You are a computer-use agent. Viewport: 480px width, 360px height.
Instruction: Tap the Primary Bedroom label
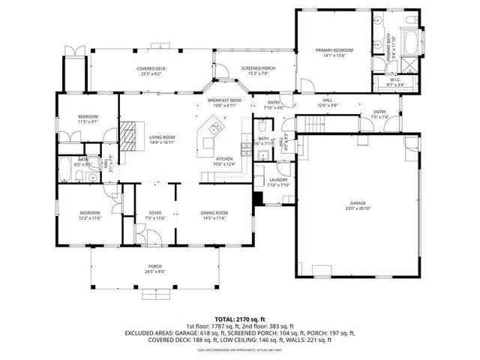334,52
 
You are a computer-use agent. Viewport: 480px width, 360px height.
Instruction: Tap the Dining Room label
214,216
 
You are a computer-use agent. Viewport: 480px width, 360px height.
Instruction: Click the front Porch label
155,269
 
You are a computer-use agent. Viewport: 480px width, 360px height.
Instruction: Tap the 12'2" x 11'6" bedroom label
89,216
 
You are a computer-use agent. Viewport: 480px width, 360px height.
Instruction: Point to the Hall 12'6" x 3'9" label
328,103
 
